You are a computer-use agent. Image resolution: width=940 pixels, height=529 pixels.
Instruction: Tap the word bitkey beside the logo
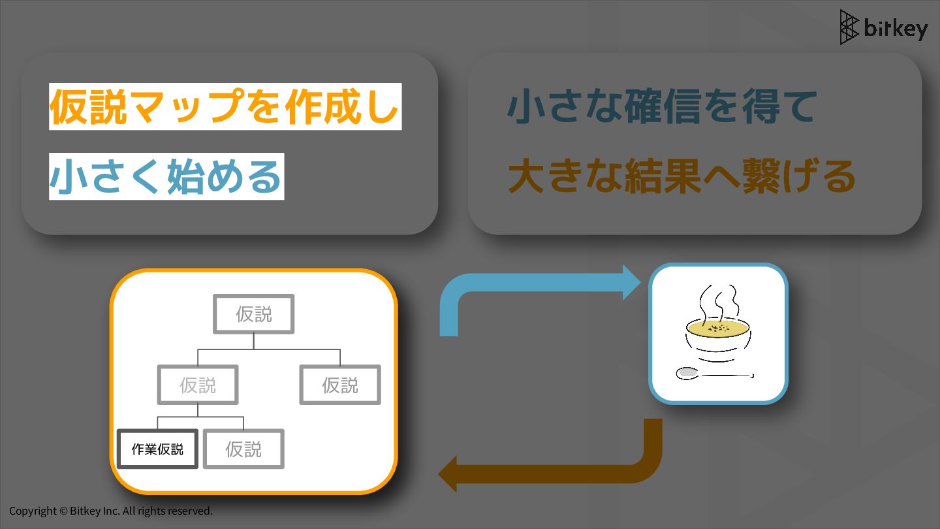(895, 29)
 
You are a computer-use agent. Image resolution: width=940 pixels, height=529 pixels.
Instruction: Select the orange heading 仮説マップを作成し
(224, 106)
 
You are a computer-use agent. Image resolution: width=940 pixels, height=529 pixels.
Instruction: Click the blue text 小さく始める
(166, 177)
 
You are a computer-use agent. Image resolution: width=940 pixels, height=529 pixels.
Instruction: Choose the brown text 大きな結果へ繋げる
(681, 177)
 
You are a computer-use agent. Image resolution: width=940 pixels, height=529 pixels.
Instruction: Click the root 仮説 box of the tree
(254, 314)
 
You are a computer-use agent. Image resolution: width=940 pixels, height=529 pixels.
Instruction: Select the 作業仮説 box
(157, 449)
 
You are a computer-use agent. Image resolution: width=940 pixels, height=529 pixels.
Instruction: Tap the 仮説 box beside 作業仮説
(243, 449)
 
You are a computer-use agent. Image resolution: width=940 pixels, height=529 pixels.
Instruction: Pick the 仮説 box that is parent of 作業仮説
(198, 385)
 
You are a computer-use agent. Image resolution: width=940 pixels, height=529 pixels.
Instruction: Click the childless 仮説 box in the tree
(340, 385)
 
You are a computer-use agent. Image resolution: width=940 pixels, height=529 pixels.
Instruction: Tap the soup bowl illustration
(717, 340)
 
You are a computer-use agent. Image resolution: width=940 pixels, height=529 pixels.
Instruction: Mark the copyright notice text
(111, 511)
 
